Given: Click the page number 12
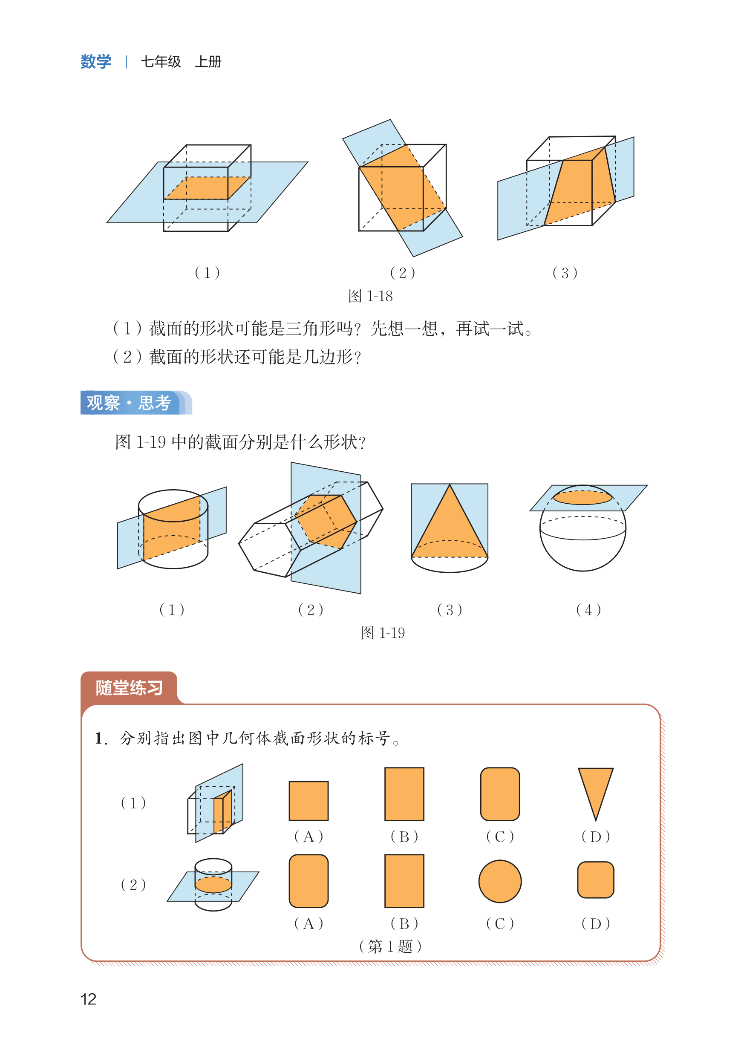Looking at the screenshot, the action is point(88,999).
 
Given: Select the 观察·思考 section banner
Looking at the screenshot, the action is point(133,402).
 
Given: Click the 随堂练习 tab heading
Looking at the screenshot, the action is point(129,687).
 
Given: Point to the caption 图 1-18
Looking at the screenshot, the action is point(370,296).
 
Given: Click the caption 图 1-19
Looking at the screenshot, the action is point(382,633).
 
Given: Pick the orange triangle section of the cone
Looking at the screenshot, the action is point(450,529).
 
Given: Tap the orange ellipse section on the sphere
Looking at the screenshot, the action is point(582,497).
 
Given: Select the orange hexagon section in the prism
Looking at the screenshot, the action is point(325,521).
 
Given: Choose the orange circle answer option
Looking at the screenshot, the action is point(500,881).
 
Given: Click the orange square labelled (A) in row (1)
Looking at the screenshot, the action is point(309,801).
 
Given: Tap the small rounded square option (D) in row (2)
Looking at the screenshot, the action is point(595,880).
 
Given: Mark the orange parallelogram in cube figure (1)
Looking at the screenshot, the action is point(208,188).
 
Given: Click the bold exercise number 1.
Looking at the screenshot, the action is point(100,738).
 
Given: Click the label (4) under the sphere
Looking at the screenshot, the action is point(588,609).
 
